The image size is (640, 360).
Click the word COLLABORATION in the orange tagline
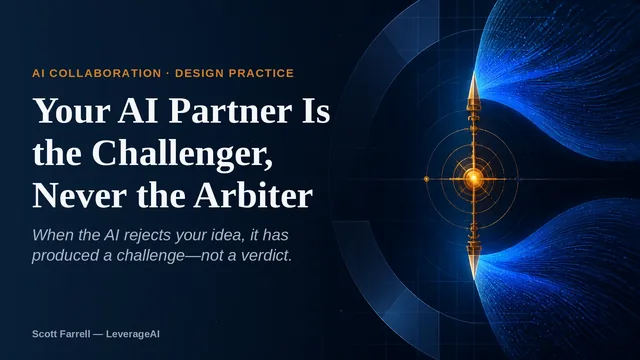pyautogui.click(x=105, y=73)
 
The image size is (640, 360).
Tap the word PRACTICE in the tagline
pyautogui.click(x=261, y=73)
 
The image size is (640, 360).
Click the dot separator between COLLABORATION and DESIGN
pyautogui.click(x=168, y=73)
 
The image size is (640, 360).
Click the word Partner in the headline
pyautogui.click(x=230, y=111)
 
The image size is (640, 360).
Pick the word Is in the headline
pyautogui.click(x=316, y=111)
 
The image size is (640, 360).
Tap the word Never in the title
pyautogui.click(x=79, y=196)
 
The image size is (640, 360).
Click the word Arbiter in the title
pyautogui.click(x=253, y=196)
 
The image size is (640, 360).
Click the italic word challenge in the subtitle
pyautogui.click(x=150, y=256)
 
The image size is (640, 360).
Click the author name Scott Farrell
pyautogui.click(x=61, y=334)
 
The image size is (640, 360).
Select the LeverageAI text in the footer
pyautogui.click(x=133, y=334)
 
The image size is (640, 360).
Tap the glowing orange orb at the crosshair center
pyautogui.click(x=473, y=178)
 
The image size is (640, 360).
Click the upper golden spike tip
pyautogui.click(x=473, y=73)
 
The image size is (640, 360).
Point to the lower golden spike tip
pyautogui.click(x=474, y=279)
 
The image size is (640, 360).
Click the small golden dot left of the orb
pyautogui.click(x=427, y=179)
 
